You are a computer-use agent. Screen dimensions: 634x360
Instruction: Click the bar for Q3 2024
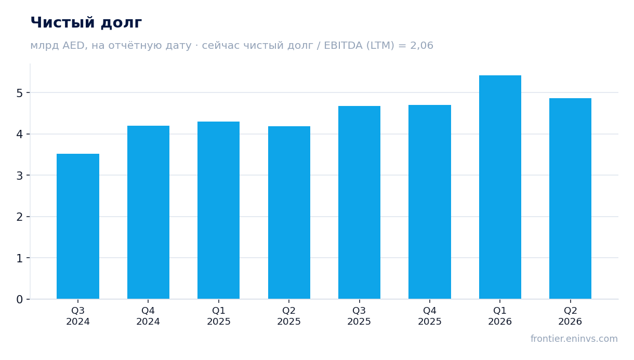(78, 226)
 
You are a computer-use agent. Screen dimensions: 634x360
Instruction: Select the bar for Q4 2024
(148, 212)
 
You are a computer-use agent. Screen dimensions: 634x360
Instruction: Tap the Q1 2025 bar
(218, 210)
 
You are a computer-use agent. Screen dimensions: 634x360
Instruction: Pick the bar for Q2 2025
(289, 212)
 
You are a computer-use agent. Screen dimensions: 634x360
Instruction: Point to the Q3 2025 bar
(359, 203)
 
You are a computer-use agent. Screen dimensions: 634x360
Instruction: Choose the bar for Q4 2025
(430, 202)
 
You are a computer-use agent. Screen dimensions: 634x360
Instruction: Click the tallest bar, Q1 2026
(500, 187)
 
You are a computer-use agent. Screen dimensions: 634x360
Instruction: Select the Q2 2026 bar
(570, 198)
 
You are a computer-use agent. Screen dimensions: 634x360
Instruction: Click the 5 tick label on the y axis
(20, 93)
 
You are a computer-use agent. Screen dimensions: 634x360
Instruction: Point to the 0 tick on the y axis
(20, 299)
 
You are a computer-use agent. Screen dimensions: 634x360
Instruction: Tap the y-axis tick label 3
(20, 176)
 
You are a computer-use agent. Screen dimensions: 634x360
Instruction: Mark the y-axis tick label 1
(20, 258)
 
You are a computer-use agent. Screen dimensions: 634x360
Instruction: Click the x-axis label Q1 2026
(500, 316)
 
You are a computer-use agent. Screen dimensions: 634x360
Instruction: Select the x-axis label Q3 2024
(78, 316)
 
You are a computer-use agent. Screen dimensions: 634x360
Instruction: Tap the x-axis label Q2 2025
(289, 316)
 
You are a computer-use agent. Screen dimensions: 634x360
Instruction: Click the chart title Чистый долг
(86, 23)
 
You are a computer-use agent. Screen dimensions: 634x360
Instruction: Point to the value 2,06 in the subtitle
(422, 45)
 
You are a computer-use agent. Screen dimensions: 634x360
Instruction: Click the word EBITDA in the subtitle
(343, 45)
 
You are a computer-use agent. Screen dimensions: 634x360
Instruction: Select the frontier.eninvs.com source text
(574, 339)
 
